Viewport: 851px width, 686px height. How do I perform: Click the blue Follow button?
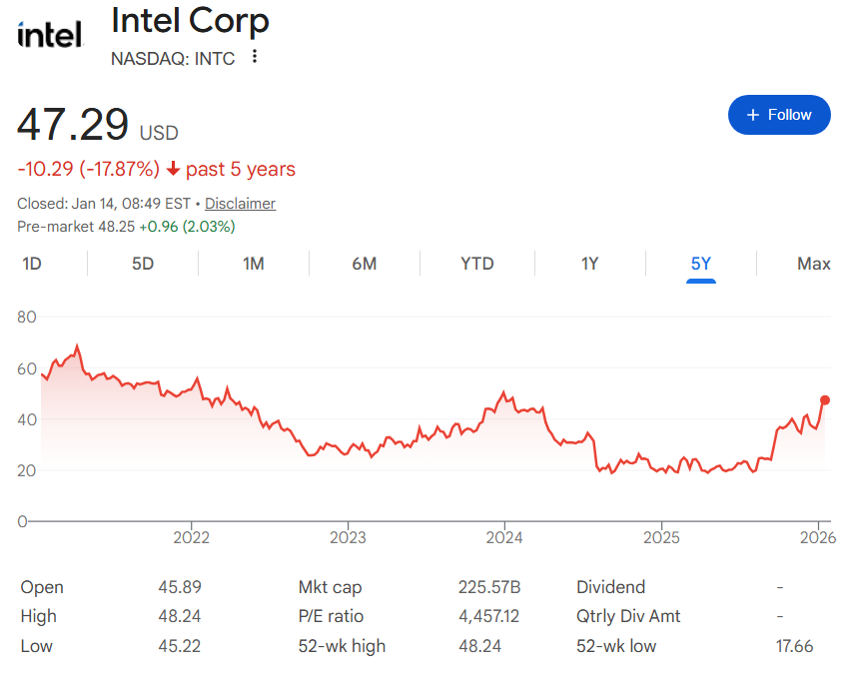click(x=779, y=115)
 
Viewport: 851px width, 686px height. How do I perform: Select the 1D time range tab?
click(x=32, y=264)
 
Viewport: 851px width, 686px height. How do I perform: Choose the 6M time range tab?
click(x=364, y=264)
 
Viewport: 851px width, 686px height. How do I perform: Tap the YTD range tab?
click(x=476, y=264)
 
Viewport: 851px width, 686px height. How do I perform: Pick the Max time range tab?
click(x=813, y=264)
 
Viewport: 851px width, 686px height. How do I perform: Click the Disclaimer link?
click(x=240, y=204)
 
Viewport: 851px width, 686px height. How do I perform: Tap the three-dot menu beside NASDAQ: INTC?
click(x=255, y=57)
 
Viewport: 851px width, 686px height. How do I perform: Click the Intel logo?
click(x=49, y=36)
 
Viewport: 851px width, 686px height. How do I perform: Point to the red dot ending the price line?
click(x=825, y=400)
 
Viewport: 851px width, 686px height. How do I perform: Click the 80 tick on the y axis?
click(x=27, y=318)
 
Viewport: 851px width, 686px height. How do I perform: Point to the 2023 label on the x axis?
click(x=348, y=538)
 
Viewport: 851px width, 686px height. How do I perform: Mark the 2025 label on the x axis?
click(x=661, y=538)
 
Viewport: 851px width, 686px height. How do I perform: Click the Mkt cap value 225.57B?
click(x=489, y=587)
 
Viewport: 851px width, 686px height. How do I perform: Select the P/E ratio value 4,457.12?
click(x=488, y=616)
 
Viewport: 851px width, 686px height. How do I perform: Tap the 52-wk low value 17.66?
click(x=794, y=646)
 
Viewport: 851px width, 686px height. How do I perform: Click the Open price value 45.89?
click(x=179, y=587)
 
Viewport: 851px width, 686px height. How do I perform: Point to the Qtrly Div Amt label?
click(x=628, y=616)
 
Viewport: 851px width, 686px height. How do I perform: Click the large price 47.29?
click(x=73, y=126)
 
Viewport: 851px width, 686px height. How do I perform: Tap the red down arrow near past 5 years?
click(x=173, y=169)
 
